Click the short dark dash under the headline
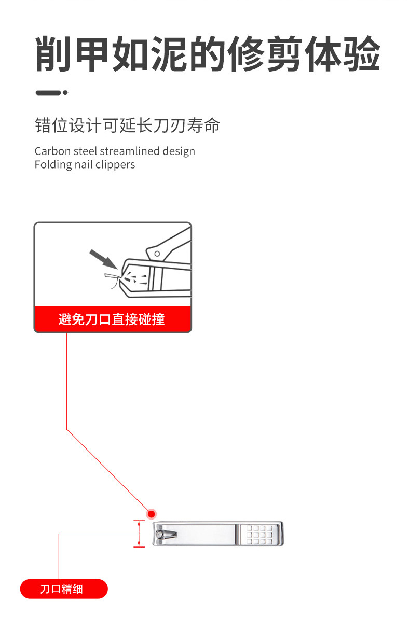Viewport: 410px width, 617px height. tap(48, 93)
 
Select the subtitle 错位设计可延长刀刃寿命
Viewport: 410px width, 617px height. tap(128, 125)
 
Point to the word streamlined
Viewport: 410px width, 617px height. tap(130, 151)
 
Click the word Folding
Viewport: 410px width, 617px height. tap(51, 165)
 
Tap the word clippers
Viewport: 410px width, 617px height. tap(115, 165)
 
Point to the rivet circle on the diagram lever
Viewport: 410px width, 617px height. tap(156, 253)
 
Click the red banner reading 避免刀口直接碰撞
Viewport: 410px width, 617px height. tap(112, 319)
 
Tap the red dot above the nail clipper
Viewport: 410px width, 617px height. tap(152, 514)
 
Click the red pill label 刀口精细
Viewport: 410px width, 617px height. tap(63, 589)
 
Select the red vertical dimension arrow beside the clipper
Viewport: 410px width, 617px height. tap(139, 534)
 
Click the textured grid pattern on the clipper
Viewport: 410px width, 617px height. tap(260, 534)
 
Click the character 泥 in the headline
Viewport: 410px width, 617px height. tap(169, 54)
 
